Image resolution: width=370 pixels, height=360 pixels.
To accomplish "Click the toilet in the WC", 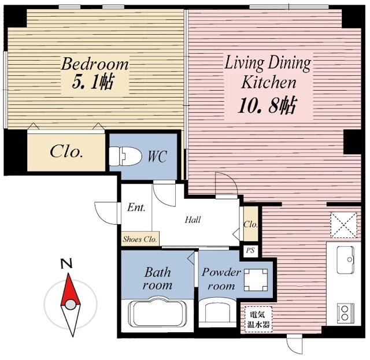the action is [125, 156].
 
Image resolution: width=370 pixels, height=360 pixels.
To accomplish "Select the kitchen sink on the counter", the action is [345, 260].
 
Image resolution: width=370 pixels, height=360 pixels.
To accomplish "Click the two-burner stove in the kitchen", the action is [346, 313].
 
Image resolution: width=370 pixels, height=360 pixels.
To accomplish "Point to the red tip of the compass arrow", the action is [69, 274].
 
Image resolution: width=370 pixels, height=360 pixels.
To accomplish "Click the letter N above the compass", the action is [66, 263].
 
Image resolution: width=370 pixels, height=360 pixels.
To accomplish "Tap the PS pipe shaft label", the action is [250, 250].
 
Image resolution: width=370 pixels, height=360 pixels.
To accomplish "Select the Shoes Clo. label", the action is [140, 239].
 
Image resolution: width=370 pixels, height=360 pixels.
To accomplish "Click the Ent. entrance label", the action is [136, 207].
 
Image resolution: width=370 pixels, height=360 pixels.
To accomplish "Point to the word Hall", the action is [193, 220].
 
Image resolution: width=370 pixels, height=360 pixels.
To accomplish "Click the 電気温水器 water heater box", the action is [258, 320].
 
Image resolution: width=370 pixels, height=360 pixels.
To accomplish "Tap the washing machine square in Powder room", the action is [256, 280].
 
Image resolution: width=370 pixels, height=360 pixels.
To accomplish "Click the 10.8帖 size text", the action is [267, 105].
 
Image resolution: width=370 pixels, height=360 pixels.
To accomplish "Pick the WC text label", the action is [157, 156].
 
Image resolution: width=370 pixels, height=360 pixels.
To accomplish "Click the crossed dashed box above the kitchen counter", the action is [344, 225].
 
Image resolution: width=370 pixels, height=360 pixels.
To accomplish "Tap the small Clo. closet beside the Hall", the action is [250, 224].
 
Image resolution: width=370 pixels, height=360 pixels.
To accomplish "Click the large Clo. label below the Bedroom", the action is [66, 151].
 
